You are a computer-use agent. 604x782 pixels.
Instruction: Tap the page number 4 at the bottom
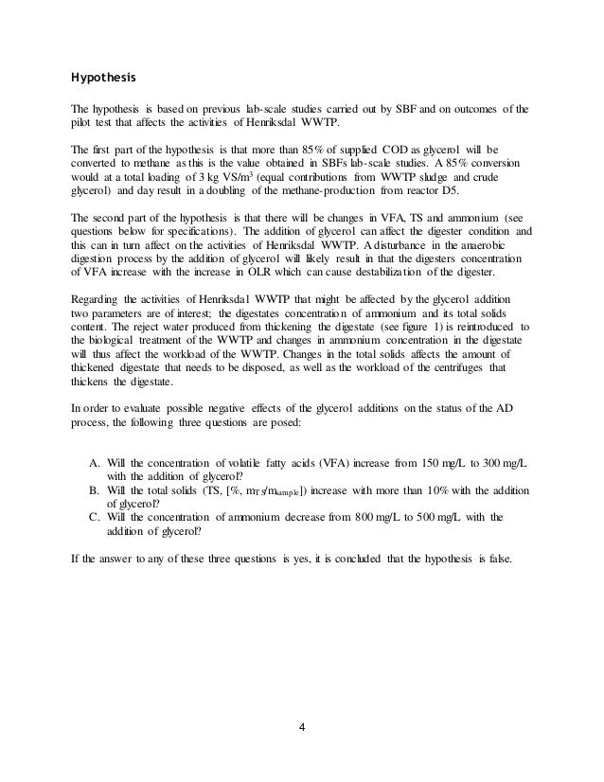click(x=301, y=729)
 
